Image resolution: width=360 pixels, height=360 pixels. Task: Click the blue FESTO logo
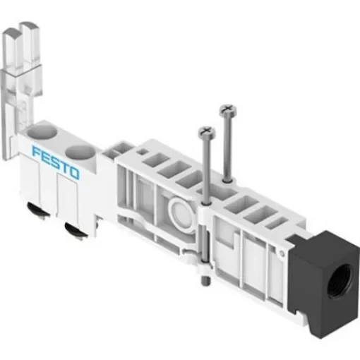(56, 161)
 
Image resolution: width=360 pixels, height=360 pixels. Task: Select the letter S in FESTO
(54, 160)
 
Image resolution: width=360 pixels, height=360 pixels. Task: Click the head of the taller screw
(228, 110)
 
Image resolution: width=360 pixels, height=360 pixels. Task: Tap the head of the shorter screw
(207, 131)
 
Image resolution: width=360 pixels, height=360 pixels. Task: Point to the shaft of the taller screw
(227, 148)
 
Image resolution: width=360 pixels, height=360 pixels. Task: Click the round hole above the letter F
(42, 132)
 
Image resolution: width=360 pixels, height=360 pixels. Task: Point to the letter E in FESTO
(45, 156)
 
